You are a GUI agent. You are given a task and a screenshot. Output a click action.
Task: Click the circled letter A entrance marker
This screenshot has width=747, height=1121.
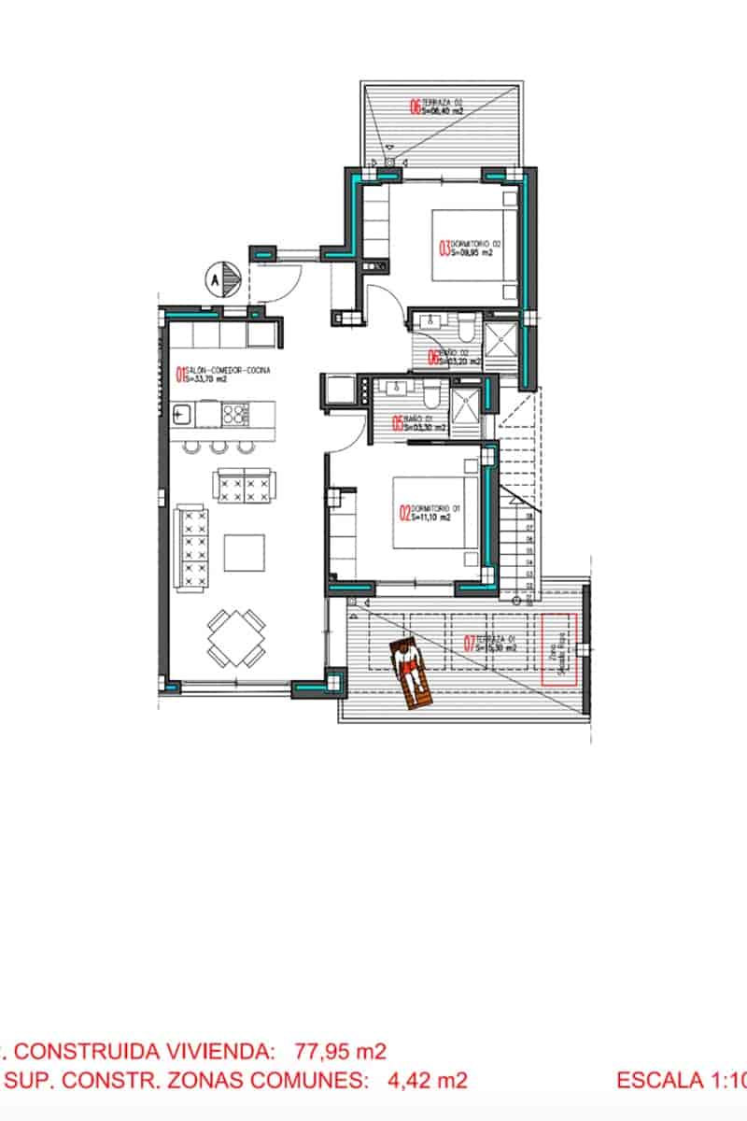pos(214,278)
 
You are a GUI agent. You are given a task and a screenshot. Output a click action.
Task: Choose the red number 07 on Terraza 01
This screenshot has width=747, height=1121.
pos(470,643)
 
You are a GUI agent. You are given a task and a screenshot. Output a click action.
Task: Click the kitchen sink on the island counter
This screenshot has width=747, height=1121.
pos(182,411)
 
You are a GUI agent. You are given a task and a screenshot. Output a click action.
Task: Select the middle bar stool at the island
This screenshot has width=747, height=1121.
pos(219,447)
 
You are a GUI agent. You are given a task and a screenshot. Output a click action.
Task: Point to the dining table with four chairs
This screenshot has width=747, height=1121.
pos(236,637)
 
